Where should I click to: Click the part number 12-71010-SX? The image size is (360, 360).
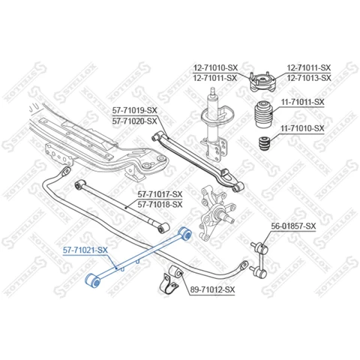coord(215,67)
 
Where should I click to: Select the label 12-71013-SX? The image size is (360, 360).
coord(309,78)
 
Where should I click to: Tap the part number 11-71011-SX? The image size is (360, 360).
coord(302,102)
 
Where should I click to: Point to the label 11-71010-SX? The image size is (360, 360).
coord(302,128)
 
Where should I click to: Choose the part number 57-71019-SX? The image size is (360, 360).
coord(134,110)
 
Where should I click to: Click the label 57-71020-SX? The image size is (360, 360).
coord(134,121)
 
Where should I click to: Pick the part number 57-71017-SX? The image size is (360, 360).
coord(160,194)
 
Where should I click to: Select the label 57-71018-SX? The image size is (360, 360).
coord(160,205)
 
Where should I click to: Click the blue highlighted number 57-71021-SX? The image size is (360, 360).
coord(85,250)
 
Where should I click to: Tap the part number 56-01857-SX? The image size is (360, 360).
coord(293,226)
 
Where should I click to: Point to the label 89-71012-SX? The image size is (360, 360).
coord(213,289)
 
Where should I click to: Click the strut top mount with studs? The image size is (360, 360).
coord(262,82)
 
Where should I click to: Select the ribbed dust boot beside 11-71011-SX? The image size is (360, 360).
coord(264,114)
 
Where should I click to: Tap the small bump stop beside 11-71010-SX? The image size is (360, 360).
coord(265,143)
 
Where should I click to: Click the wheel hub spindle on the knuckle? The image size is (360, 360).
coord(228,217)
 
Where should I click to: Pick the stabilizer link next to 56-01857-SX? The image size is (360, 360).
coord(259,259)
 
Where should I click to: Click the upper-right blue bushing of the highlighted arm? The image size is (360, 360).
coord(185,233)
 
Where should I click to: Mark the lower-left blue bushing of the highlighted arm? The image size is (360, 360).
coord(93,280)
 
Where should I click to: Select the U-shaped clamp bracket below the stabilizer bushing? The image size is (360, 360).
coord(170,284)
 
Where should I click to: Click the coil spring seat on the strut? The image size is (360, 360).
coord(218,115)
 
